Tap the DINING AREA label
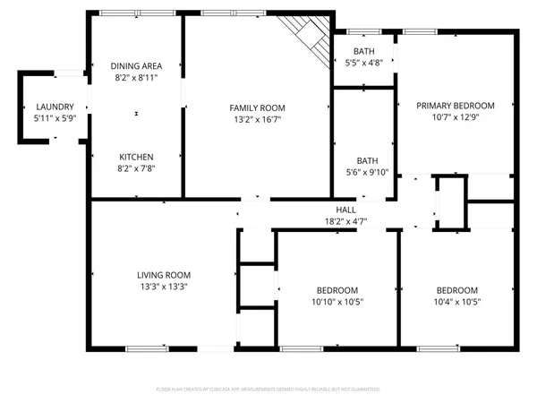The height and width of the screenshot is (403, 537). point(136,66)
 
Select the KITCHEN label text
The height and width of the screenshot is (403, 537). point(136,156)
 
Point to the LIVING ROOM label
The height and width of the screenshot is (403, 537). point(163,275)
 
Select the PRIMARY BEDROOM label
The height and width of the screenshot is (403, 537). point(456,105)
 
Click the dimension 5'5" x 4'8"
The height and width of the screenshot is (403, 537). point(363,63)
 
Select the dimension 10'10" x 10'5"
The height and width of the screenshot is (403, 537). point(337,302)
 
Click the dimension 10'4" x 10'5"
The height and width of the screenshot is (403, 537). point(456,302)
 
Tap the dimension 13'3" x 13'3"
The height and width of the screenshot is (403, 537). point(163,287)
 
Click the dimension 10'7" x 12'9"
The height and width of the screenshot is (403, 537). point(456,116)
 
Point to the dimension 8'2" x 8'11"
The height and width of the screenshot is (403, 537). point(136,78)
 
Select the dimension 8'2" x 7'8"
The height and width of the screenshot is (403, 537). point(136,167)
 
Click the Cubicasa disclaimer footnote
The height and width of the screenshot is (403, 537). point(268,390)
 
